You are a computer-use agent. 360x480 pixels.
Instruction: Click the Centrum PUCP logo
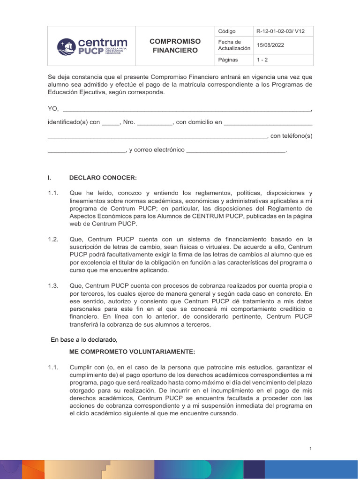coord(92,46)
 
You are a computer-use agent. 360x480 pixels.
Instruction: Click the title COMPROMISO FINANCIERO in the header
coord(175,46)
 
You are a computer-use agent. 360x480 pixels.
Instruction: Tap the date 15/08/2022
coord(270,45)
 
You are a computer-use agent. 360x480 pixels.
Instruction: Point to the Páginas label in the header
coord(228,60)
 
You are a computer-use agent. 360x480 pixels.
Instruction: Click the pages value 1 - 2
coord(262,60)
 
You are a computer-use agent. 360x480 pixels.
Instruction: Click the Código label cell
coord(227,31)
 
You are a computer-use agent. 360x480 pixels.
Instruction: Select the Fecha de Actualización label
coord(234,45)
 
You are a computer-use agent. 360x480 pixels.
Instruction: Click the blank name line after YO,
coord(186,109)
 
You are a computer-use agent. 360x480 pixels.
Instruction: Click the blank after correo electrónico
coord(236,150)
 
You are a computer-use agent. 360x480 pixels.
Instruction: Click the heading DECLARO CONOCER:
coord(103,178)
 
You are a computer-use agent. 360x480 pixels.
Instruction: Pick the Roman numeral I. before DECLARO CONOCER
coord(50,178)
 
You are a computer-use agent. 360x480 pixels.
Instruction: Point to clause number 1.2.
coord(53,239)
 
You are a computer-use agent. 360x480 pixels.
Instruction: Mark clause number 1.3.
coord(53,285)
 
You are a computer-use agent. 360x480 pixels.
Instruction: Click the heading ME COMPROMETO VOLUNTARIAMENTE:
coord(131,352)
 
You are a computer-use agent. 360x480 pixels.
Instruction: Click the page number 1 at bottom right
coord(310,449)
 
